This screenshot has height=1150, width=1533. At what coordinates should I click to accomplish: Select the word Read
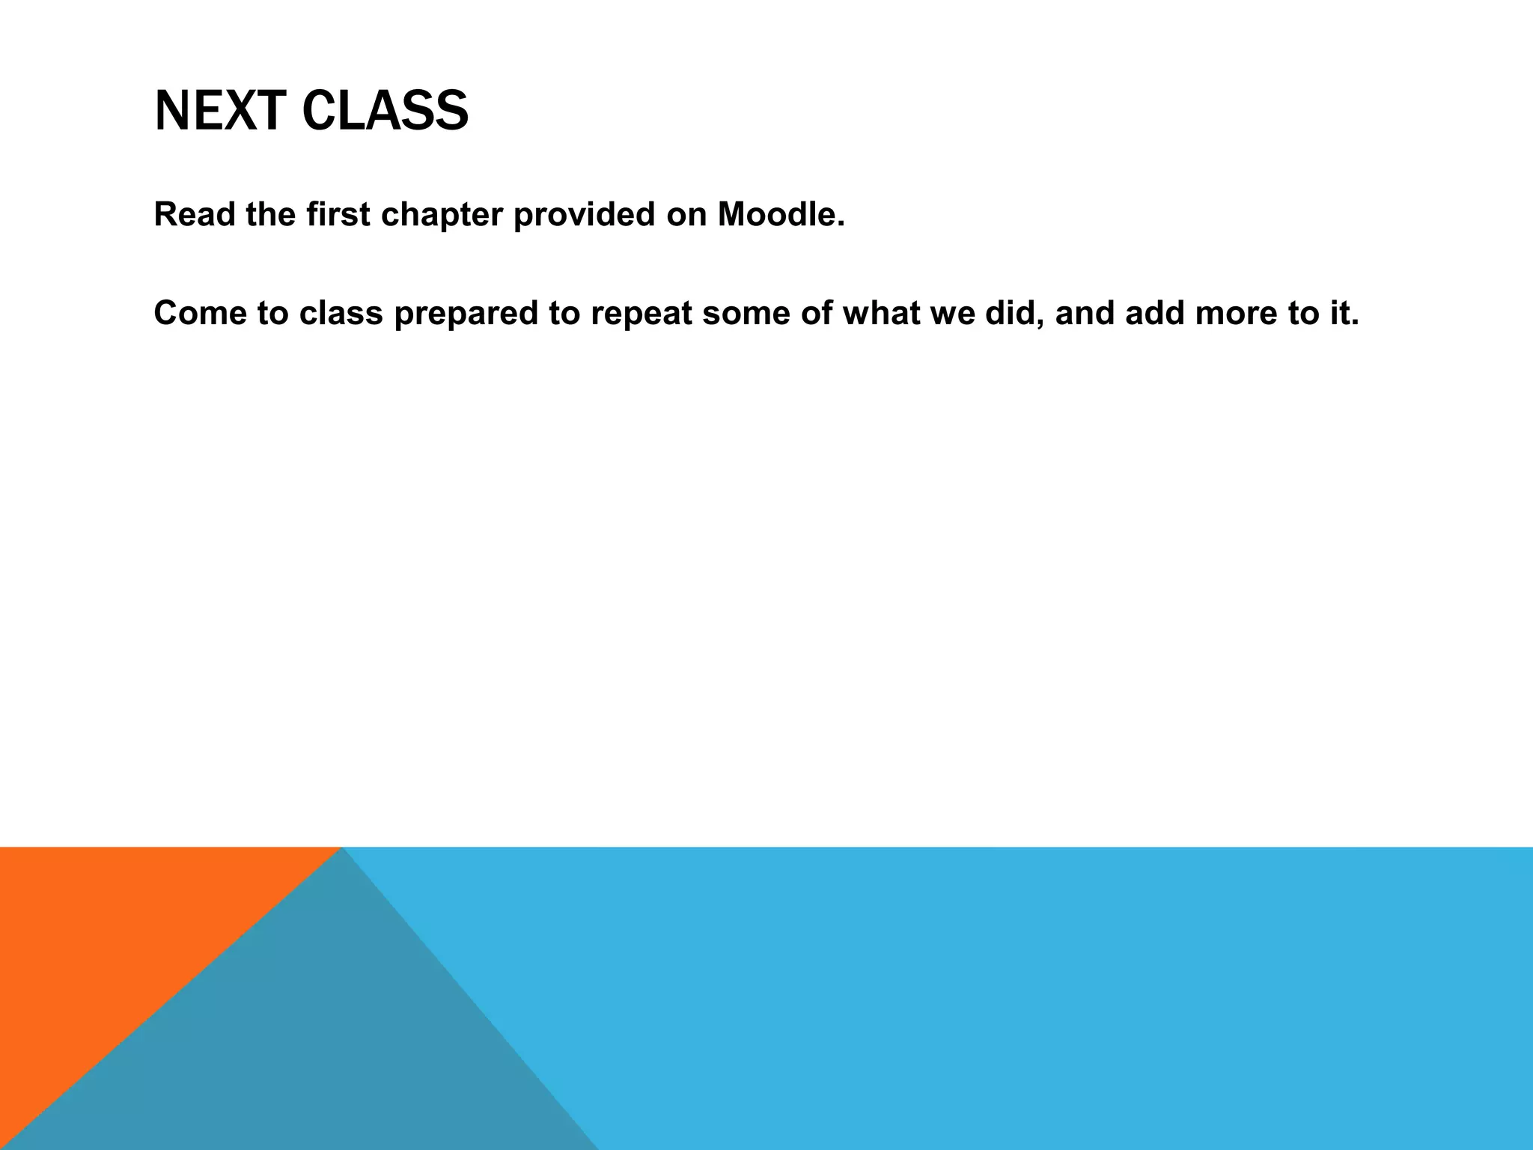pos(195,214)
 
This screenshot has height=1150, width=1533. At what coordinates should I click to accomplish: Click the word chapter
pos(442,216)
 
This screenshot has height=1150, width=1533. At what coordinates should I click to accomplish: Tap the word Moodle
pos(781,214)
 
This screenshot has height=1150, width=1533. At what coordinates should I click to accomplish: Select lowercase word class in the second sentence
pos(341,313)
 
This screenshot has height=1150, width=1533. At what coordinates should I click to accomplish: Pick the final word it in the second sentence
pos(1344,313)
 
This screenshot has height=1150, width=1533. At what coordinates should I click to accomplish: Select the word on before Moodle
pos(685,216)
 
